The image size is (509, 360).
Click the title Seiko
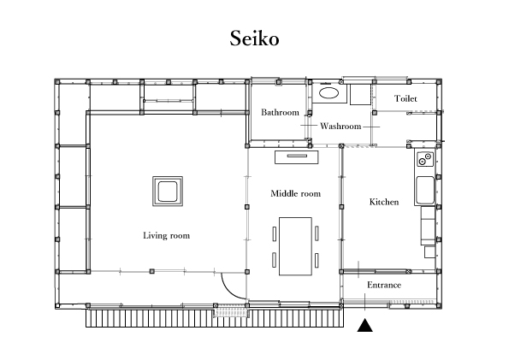(255, 38)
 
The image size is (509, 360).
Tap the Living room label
(167, 235)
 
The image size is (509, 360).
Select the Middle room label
(296, 193)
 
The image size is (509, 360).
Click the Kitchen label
(384, 202)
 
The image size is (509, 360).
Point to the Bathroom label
(280, 112)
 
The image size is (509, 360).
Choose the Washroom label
(340, 126)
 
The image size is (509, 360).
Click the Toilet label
(405, 98)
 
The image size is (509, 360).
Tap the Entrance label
(384, 285)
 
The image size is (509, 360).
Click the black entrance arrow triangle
(365, 325)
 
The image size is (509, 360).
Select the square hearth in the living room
(168, 192)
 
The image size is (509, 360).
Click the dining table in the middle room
(295, 246)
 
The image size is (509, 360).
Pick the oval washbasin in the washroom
(329, 93)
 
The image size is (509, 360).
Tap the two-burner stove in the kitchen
(425, 159)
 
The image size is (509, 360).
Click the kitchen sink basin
(425, 190)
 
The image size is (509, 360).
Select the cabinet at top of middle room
(297, 157)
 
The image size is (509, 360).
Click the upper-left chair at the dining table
(275, 233)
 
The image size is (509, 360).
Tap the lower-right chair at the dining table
(317, 260)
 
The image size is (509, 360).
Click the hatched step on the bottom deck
(231, 311)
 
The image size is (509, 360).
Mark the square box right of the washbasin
(360, 94)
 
